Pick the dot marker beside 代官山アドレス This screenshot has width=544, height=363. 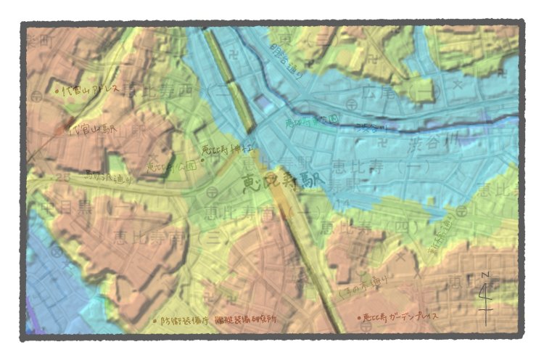point(57,91)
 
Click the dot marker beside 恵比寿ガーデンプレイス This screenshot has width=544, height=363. point(358,317)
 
